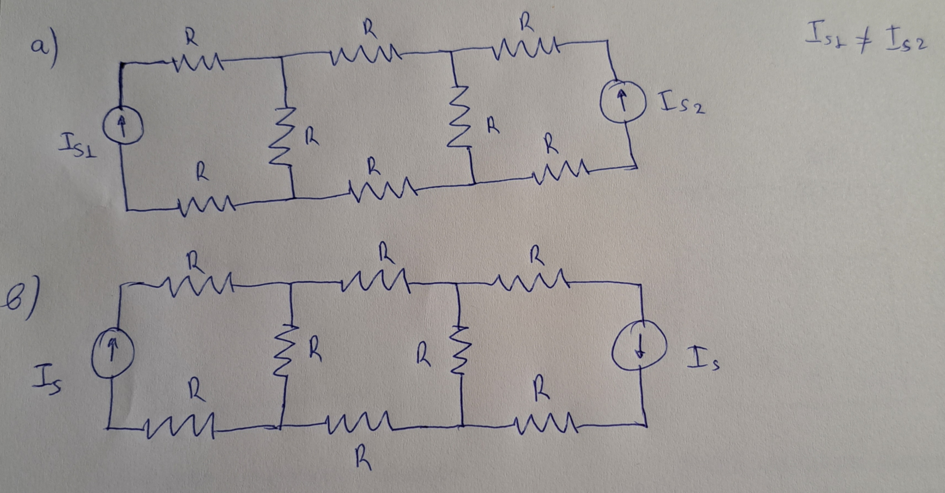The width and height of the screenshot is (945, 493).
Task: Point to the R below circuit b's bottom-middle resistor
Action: tap(361, 460)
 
